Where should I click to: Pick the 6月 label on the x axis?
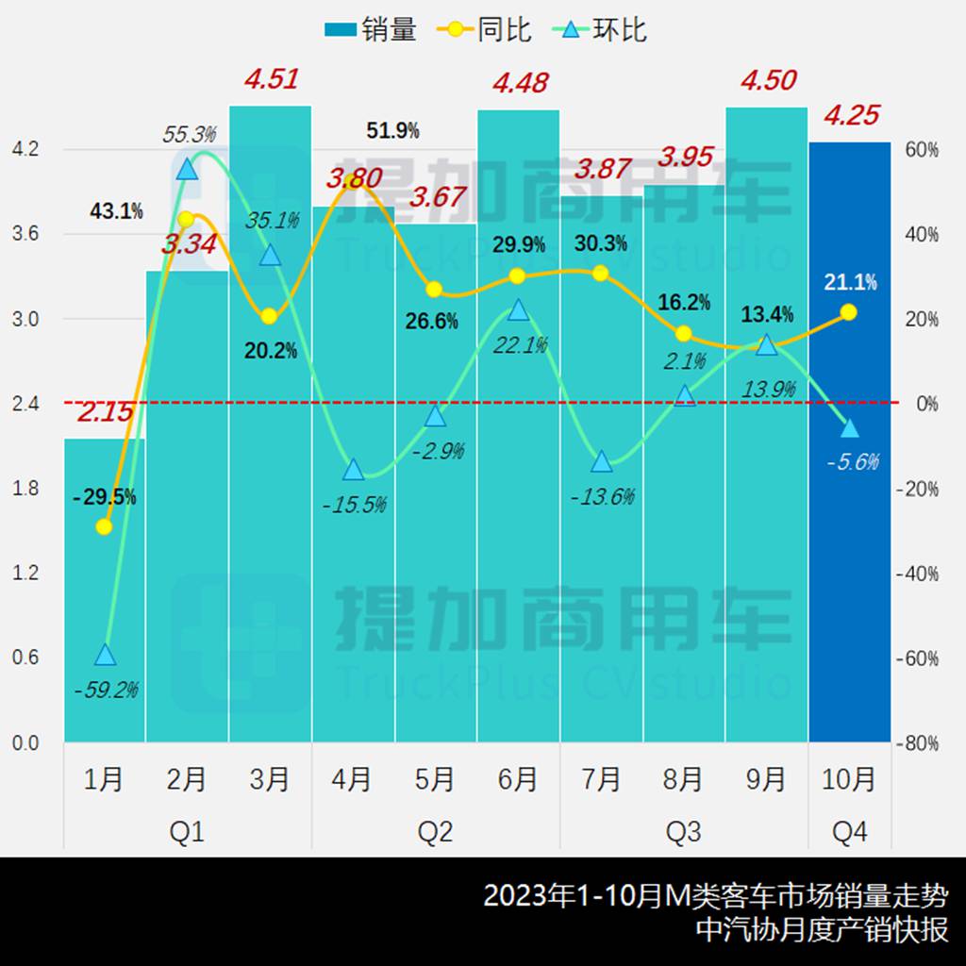[517, 779]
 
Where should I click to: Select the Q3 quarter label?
[683, 832]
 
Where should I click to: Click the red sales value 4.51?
[271, 79]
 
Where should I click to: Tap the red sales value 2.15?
[106, 411]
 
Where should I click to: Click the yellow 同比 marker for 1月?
[105, 526]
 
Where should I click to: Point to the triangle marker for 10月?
[849, 428]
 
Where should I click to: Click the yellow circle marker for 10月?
[848, 312]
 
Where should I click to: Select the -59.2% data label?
[106, 690]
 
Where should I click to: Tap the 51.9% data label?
[392, 131]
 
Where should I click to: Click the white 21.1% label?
[849, 281]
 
